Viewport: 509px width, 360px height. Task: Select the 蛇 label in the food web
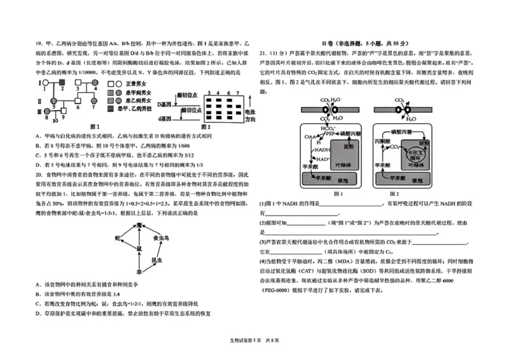(118, 236)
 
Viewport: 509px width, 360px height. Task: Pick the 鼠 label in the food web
(138, 247)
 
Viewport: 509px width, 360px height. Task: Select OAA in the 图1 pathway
(309, 136)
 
